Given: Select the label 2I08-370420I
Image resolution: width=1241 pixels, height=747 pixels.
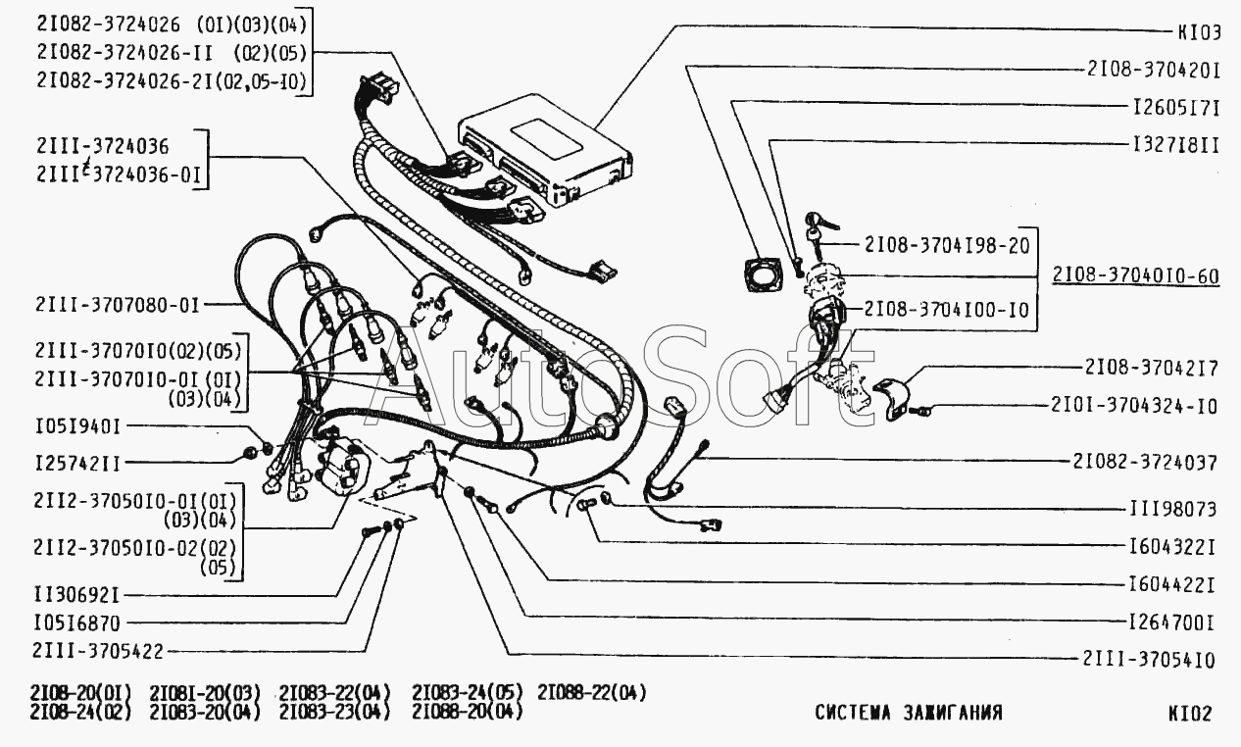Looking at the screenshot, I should click(x=1152, y=70).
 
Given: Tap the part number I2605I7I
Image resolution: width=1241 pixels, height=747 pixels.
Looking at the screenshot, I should click(x=1174, y=107).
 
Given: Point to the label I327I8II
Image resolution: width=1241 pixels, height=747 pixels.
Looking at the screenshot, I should click(x=1174, y=144).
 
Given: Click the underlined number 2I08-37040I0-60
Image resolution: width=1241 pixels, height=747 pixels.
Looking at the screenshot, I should click(x=1136, y=275).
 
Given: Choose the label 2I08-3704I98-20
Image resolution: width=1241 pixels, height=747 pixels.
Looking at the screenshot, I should click(x=947, y=245).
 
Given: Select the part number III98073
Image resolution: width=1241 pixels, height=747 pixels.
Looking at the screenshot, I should click(x=1173, y=510).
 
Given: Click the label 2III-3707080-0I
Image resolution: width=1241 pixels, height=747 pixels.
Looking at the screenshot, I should click(x=117, y=305).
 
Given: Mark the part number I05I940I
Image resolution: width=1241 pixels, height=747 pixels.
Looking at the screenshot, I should click(x=75, y=426).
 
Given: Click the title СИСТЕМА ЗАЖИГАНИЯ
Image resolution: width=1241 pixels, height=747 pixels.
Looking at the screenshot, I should click(x=908, y=713).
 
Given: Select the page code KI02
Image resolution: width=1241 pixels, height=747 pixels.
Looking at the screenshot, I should click(x=1189, y=714).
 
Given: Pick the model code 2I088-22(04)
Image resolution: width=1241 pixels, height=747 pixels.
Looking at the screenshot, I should click(x=592, y=693).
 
